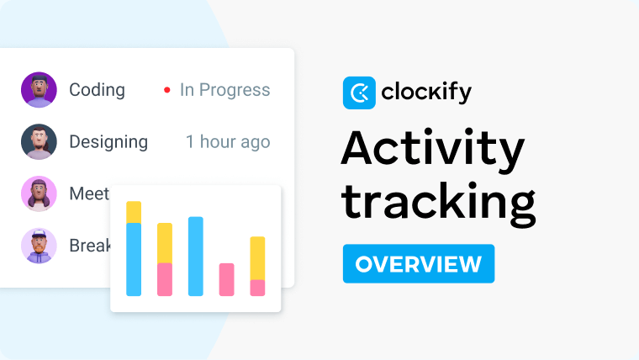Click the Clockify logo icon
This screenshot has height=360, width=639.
[359, 93]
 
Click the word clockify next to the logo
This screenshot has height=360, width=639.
[427, 93]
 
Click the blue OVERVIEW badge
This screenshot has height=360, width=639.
[418, 264]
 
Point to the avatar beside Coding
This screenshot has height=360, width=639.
[39, 90]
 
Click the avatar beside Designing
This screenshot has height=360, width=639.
[39, 142]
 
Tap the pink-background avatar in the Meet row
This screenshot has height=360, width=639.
[39, 193]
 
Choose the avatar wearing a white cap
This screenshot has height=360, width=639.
[39, 246]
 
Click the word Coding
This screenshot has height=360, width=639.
[97, 90]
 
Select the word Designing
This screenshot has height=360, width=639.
[108, 142]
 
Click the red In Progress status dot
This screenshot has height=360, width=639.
[167, 90]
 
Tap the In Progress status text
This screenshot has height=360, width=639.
[225, 90]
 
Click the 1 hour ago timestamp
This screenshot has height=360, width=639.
[228, 142]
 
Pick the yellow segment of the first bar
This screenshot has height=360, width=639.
[134, 212]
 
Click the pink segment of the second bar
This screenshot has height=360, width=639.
[165, 279]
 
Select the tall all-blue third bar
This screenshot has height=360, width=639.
[196, 257]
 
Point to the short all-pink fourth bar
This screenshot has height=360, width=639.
[226, 279]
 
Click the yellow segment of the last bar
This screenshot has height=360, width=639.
[257, 258]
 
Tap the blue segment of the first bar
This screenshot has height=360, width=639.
[134, 260]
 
